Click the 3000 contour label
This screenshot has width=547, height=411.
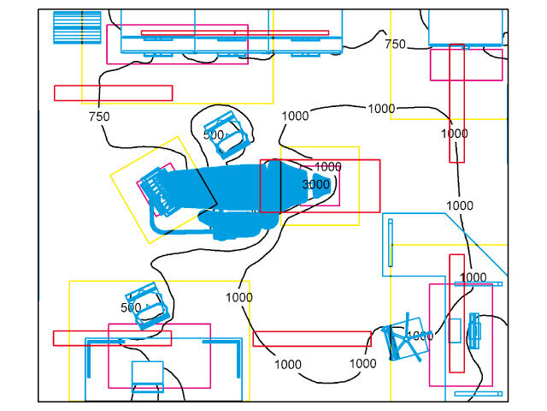[x=315, y=184]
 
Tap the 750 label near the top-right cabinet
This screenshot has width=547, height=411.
[x=395, y=44]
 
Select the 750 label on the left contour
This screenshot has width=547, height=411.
[x=98, y=116]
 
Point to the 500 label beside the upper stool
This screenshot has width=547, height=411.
[x=214, y=134]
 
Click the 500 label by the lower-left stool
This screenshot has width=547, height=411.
[x=130, y=307]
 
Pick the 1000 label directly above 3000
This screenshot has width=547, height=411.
[x=328, y=166]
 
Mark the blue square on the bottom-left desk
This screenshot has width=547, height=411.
[x=147, y=373]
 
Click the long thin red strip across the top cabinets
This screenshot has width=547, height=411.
[x=234, y=33]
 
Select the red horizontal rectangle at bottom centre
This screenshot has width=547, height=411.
[x=311, y=338]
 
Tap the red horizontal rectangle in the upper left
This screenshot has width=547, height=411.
[x=113, y=92]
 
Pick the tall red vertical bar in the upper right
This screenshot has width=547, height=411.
[x=456, y=103]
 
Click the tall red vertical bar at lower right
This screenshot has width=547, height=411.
[x=456, y=313]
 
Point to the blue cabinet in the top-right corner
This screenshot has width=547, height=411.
[x=464, y=27]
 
